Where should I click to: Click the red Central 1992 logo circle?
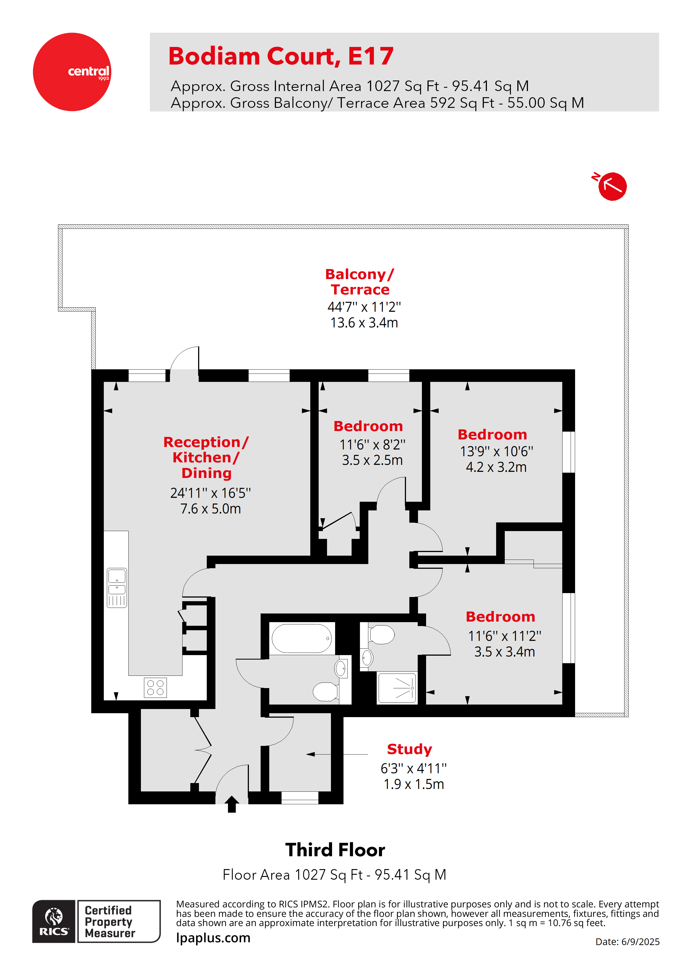tap(72, 72)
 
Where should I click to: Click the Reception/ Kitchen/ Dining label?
tap(206, 457)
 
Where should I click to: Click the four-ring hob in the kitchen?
tap(155, 688)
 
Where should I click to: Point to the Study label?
tap(409, 749)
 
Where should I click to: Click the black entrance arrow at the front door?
tap(232, 804)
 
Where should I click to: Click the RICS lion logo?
tap(54, 921)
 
